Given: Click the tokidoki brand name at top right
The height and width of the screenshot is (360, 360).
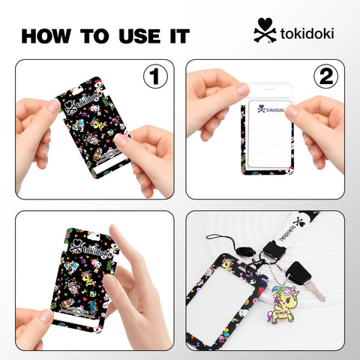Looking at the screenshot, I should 307,34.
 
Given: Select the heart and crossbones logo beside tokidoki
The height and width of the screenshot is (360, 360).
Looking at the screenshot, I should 263,31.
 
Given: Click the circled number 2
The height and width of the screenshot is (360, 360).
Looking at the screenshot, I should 327,77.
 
